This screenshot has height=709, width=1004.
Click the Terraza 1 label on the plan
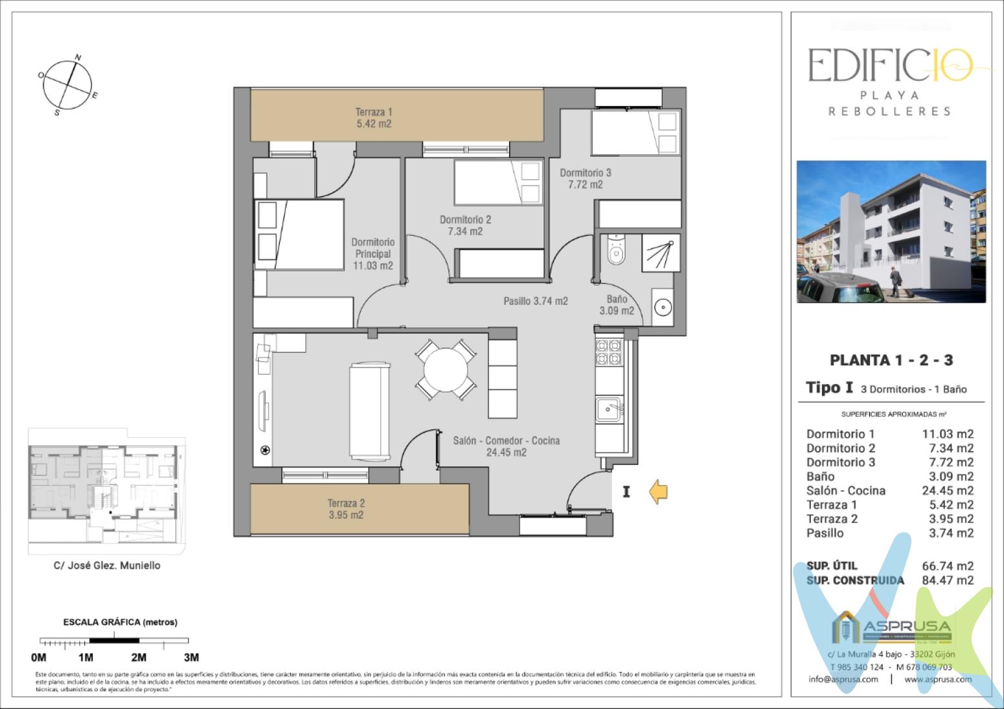pyautogui.click(x=373, y=117)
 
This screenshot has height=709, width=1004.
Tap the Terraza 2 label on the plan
pyautogui.click(x=345, y=509)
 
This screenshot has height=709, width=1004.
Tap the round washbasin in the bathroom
pyautogui.click(x=661, y=307)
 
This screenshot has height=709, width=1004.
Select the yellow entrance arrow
pyautogui.click(x=658, y=492)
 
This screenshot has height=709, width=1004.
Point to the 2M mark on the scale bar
pyautogui.click(x=139, y=657)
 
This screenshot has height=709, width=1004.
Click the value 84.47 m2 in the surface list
pyautogui.click(x=947, y=580)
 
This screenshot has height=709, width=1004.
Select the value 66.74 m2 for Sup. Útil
pyautogui.click(x=947, y=566)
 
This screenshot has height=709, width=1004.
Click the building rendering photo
pyautogui.click(x=891, y=231)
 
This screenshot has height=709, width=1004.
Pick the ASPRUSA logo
pyautogui.click(x=891, y=627)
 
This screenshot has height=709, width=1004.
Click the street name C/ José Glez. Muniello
pyautogui.click(x=107, y=565)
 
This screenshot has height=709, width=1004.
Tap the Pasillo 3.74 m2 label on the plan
pyautogui.click(x=536, y=300)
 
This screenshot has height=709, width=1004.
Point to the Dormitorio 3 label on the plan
pyautogui.click(x=585, y=179)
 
